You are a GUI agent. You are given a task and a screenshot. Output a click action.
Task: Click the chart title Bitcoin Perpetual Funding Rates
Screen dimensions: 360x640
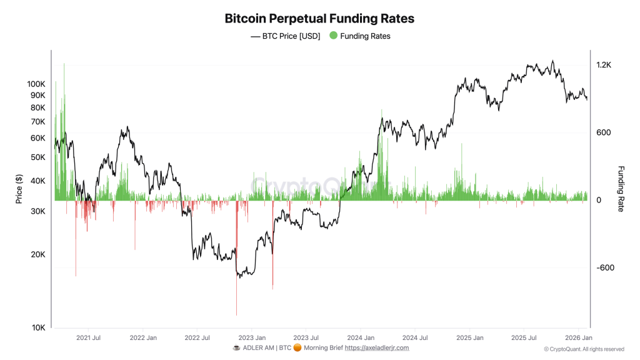[x=319, y=18]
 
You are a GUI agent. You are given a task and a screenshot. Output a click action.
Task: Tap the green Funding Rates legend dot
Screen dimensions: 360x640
[x=333, y=36]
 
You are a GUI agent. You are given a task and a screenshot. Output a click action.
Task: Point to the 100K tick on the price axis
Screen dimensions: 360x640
[x=36, y=84]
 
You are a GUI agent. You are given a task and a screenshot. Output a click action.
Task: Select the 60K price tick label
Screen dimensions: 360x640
[x=38, y=138]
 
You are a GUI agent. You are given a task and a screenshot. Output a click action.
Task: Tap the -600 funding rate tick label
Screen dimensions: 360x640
[x=605, y=268]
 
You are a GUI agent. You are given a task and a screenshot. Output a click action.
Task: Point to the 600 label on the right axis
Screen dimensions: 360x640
[x=602, y=132]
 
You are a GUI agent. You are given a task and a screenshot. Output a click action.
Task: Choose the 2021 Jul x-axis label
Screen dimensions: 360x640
[x=88, y=337]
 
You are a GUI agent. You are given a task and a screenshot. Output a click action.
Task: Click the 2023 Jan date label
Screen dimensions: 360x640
[x=251, y=337]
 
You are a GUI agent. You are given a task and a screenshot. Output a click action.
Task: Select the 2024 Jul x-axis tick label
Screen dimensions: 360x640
[x=414, y=337]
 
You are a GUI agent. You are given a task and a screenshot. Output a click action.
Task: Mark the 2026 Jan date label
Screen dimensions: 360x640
[x=579, y=337]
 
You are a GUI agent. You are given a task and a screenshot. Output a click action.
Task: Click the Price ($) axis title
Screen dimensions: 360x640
[x=19, y=189]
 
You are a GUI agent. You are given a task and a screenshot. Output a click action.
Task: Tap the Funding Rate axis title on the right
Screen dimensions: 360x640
[x=621, y=189]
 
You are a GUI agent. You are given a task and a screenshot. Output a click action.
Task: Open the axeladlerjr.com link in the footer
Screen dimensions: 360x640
[x=377, y=347]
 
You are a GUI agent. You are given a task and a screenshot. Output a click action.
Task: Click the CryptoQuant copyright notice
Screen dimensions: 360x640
[x=584, y=349]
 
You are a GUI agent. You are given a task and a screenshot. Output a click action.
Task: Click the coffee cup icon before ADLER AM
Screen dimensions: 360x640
[x=236, y=347]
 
